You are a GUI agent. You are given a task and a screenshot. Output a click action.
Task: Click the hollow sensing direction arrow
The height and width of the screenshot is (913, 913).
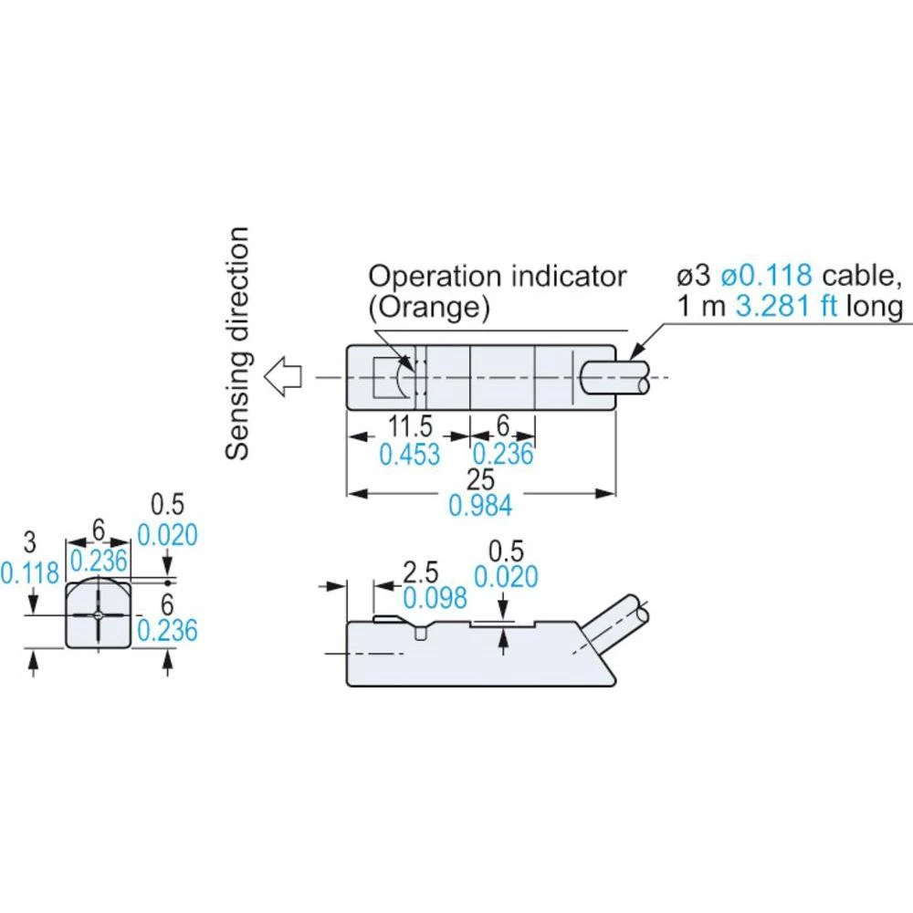tap(284, 377)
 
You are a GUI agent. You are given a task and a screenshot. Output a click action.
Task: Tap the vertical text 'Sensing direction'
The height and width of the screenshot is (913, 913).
tap(237, 343)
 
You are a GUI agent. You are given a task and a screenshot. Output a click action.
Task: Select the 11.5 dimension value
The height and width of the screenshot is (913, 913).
tap(411, 425)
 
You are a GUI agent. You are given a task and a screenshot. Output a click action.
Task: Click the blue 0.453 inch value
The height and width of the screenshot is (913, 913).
tap(410, 454)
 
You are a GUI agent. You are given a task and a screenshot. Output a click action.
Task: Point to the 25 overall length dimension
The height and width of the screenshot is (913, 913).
tap(480, 479)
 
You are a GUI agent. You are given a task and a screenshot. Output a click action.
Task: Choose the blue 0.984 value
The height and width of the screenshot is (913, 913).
tap(480, 506)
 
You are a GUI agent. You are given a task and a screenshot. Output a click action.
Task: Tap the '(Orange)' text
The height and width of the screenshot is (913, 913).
tap(428, 307)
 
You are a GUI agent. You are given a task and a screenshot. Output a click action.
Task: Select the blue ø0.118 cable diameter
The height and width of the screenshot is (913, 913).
tap(766, 275)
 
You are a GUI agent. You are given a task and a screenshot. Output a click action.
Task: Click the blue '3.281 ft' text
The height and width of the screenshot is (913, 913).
tap(786, 306)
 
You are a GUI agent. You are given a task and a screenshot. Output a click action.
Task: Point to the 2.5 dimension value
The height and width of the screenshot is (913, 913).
tap(421, 572)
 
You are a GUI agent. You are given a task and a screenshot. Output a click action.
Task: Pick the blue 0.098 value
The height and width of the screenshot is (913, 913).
tap(435, 598)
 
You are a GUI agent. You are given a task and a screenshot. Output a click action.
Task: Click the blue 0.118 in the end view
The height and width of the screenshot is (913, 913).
tap(30, 573)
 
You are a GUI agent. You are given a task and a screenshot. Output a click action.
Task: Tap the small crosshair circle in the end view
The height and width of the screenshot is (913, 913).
tap(98, 615)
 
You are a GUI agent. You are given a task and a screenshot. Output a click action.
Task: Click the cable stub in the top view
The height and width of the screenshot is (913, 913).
tap(614, 377)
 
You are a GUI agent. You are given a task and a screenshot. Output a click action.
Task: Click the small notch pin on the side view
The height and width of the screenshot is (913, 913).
tap(420, 633)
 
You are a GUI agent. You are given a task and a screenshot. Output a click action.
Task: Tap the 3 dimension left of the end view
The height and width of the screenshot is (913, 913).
tap(30, 543)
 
